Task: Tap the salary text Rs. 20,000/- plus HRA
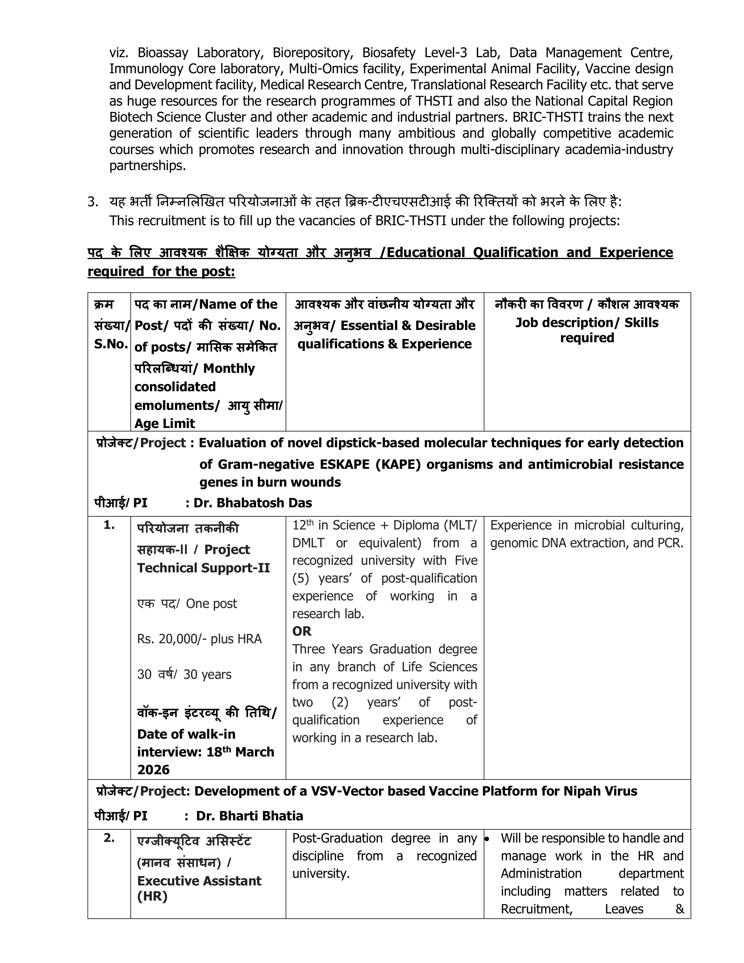click(199, 639)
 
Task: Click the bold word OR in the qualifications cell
click(302, 631)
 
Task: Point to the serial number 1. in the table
click(109, 525)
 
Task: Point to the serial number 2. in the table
click(109, 838)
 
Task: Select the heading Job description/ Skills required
click(587, 330)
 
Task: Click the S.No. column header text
click(111, 344)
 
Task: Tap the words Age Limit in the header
click(165, 424)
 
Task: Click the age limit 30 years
click(207, 675)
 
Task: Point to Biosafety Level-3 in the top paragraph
click(415, 53)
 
